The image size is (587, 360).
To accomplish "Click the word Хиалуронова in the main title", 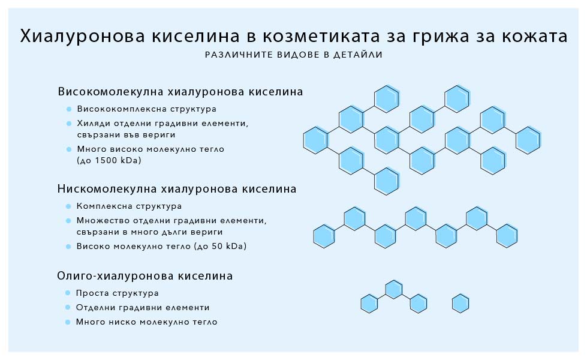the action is pos(82,37).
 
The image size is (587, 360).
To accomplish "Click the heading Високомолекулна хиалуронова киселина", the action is pos(180,92).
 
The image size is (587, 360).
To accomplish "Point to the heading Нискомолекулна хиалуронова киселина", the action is pos(177,189).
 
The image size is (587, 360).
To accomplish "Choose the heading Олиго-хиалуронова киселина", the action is pos(145,276).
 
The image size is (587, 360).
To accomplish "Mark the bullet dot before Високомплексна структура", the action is pos(69,109).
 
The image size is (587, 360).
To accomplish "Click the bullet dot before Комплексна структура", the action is pos(68,206).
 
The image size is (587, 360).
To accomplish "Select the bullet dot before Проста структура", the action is pos(68,293).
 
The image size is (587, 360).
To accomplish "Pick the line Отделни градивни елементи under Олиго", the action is pos(143,308).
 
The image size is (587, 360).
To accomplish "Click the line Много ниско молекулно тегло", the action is pos(147,322).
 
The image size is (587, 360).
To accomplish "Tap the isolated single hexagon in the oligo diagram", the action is pos(460,304).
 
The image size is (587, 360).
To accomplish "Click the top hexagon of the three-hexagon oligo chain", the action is pos(394,290).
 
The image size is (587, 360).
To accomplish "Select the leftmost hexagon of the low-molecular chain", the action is pos(324,236).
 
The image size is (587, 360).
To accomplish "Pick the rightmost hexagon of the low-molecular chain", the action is pos(507,236).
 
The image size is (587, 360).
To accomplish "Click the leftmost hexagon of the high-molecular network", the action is pos(315,140).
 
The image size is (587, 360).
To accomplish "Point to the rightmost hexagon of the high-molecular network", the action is pos(528,140).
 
